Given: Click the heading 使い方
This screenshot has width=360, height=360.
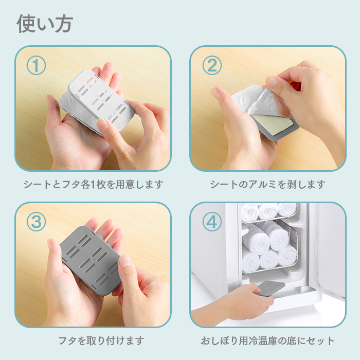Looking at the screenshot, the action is [45, 24].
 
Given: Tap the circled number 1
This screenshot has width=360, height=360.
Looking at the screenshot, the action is [36, 65].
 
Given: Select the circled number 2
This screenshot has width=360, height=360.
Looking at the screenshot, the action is [212, 65].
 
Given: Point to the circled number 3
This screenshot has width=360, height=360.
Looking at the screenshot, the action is [36, 222].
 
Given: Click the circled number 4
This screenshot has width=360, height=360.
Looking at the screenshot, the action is [212, 222].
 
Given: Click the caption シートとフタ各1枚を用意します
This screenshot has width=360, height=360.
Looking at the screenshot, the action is [94, 184].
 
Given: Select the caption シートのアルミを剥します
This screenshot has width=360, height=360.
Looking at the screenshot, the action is [268, 184].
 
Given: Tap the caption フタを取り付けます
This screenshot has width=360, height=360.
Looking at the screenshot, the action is [101, 340].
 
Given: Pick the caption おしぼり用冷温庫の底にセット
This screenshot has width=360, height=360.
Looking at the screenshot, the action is [268, 340].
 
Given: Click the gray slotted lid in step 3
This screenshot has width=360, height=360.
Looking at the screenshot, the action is [90, 260].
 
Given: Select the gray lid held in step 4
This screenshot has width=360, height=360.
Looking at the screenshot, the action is [270, 288].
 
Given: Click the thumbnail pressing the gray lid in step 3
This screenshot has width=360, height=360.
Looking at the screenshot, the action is [125, 261].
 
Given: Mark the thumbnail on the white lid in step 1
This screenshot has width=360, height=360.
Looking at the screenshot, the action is [102, 124].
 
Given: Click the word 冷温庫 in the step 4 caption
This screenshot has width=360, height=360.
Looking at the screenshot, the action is [263, 340].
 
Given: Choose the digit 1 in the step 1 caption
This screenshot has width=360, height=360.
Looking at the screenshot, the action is [93, 185].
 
